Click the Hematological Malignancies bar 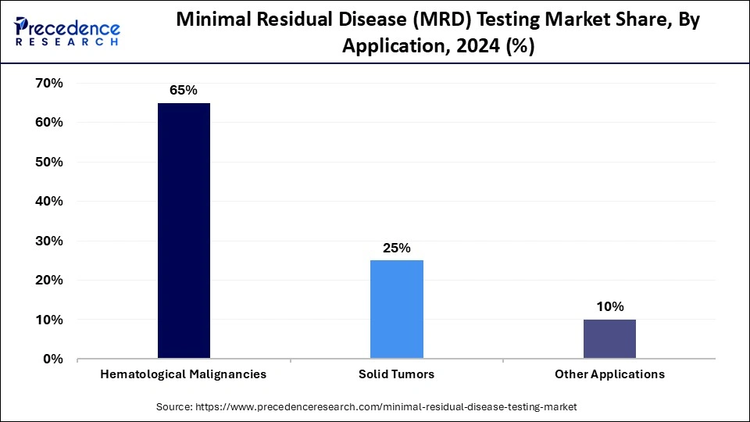(x=184, y=231)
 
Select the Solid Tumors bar (x=397, y=309)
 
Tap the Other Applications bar (x=609, y=339)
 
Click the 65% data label (x=184, y=91)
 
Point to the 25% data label (x=397, y=248)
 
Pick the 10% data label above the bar (x=609, y=307)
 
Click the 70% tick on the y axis (x=48, y=83)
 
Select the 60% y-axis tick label (x=48, y=123)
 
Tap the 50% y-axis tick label (x=48, y=162)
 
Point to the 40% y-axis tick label (x=48, y=202)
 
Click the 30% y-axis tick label (x=48, y=241)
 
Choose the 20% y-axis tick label (x=48, y=281)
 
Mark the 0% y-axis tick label (x=52, y=359)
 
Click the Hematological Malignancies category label (x=184, y=374)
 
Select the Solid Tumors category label (x=397, y=374)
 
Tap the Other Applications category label (x=609, y=374)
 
